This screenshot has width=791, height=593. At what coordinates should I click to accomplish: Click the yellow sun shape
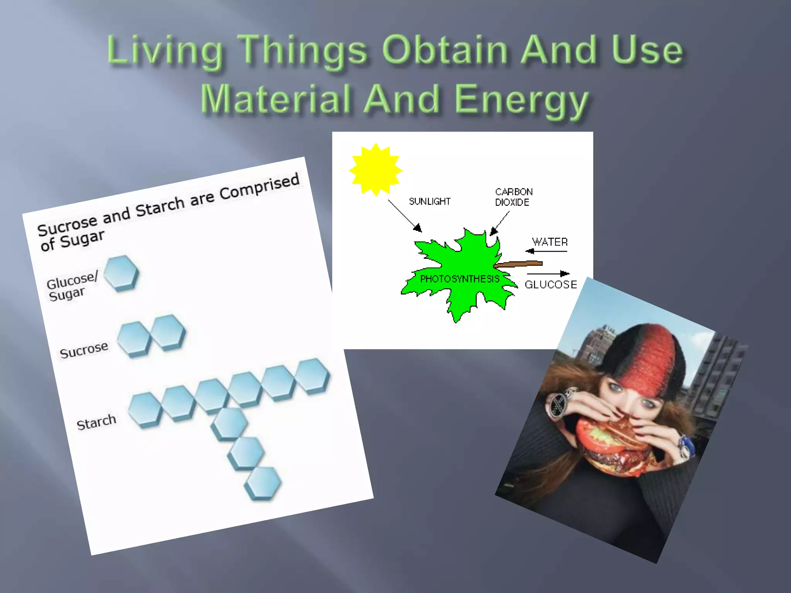375,169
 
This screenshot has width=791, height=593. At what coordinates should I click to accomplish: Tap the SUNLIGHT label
429,201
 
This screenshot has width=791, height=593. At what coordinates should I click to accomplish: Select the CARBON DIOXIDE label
513,197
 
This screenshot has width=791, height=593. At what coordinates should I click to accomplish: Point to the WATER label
550,242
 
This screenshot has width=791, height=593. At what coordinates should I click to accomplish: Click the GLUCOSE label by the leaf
550,285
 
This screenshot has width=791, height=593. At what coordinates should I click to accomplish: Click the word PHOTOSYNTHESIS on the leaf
460,279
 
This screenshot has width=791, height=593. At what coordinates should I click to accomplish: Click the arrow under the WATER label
546,251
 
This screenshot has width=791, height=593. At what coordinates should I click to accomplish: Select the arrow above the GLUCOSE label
548,274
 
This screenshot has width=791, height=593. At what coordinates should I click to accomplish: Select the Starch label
96,422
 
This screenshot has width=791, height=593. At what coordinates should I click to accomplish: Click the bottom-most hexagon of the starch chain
263,483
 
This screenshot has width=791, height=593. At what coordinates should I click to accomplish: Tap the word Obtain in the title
445,50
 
